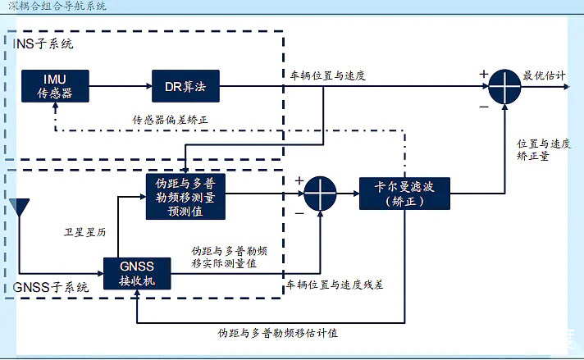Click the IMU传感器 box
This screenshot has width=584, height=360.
(55, 85)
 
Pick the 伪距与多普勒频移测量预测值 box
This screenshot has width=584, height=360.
(185, 197)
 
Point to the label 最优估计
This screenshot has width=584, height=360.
(544, 75)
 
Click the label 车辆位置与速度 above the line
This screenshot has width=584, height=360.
(327, 75)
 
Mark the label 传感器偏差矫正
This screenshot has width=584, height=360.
(170, 120)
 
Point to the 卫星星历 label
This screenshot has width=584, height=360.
(85, 232)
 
